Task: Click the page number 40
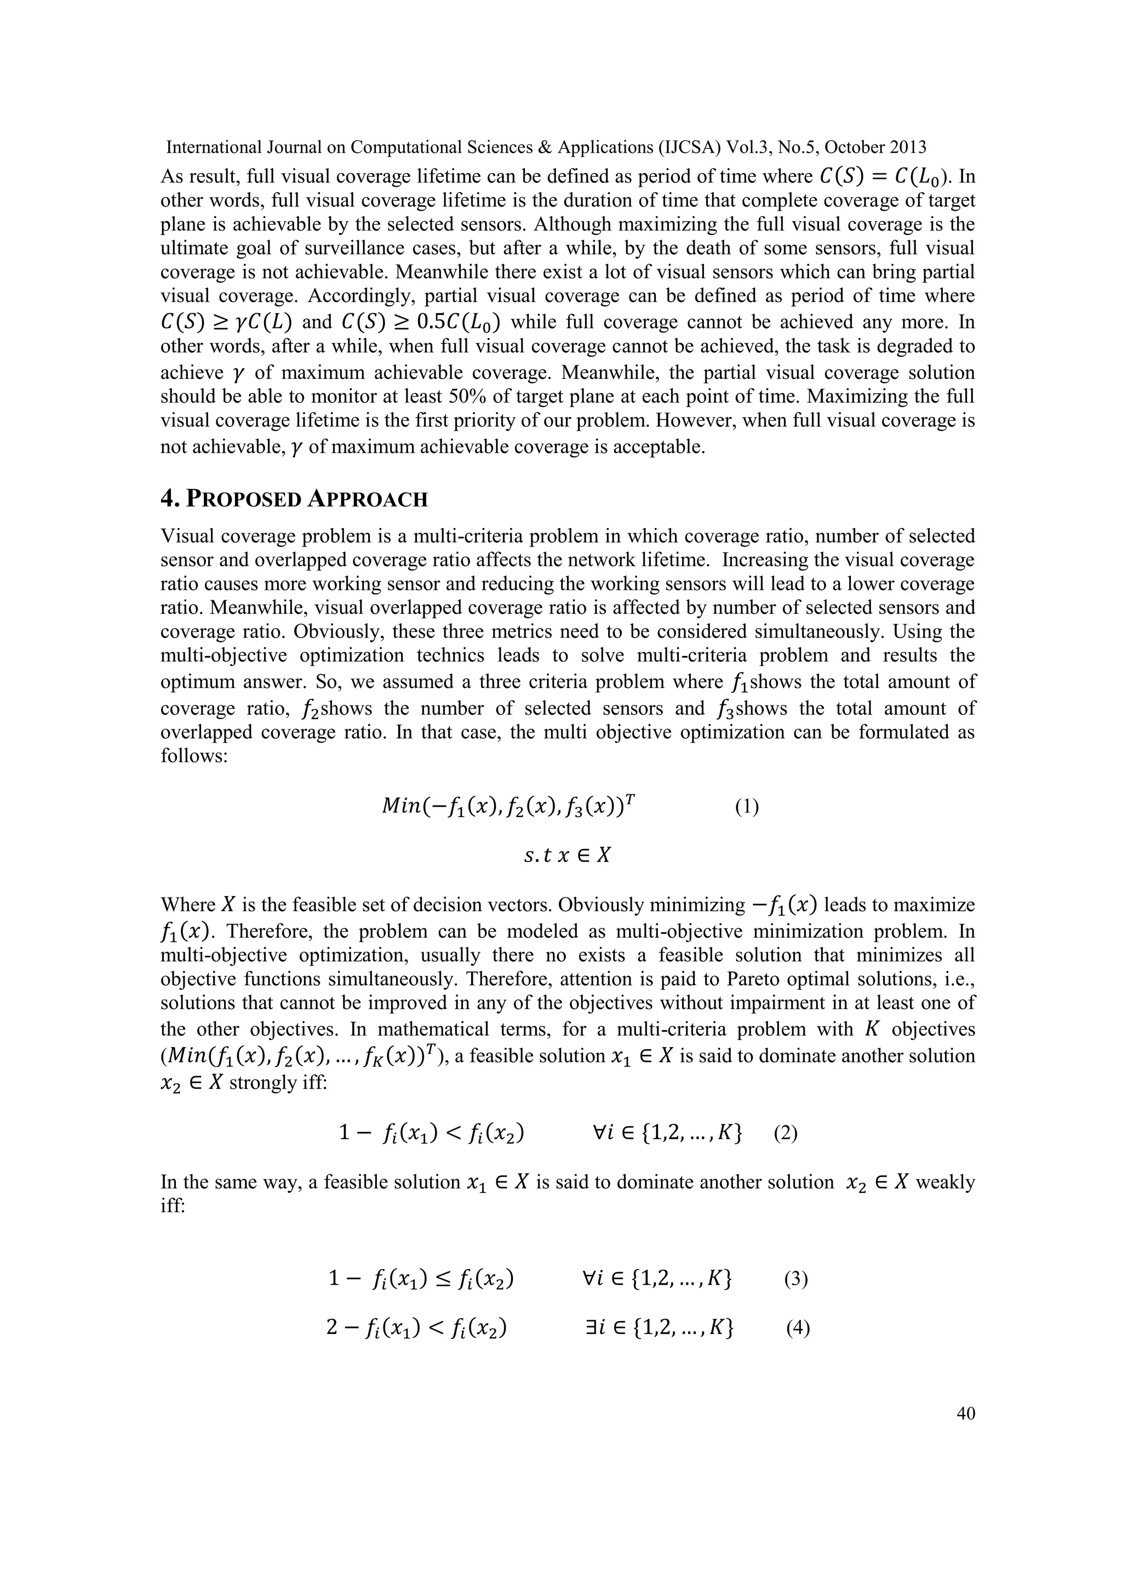click(966, 1413)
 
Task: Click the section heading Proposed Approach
click(294, 499)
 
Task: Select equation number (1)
click(746, 807)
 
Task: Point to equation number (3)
click(796, 1279)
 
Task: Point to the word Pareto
click(751, 980)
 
